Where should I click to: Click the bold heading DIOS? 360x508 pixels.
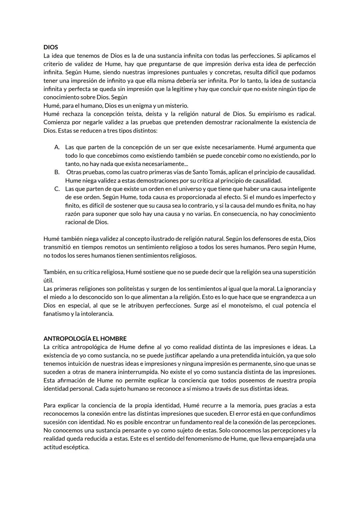point(51,47)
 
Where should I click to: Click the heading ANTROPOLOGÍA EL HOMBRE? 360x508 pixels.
point(85,339)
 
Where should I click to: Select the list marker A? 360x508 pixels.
point(57,147)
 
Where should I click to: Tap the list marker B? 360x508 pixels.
point(57,172)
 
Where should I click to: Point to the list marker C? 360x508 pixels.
point(57,189)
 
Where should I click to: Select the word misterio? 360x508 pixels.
point(176,106)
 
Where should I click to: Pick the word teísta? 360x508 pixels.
point(132,114)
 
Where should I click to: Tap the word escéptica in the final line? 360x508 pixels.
point(76,447)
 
